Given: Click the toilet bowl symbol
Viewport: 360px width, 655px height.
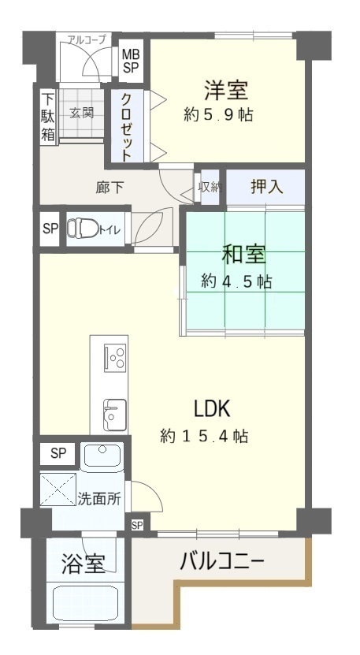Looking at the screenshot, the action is (x=83, y=228).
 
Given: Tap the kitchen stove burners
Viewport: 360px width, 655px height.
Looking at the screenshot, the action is (x=115, y=358).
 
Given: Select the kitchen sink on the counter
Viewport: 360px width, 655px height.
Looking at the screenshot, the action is (x=115, y=414).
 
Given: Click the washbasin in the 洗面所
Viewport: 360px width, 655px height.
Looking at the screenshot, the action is (x=102, y=456).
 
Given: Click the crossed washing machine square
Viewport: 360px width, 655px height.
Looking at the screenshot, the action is (x=58, y=489).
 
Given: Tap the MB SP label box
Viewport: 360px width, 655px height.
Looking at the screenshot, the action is (x=131, y=61).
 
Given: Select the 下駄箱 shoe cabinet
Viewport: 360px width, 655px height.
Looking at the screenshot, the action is (x=48, y=117).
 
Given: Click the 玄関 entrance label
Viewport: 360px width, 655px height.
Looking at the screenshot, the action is (x=81, y=113).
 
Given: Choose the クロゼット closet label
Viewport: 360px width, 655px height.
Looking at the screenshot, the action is (x=127, y=127).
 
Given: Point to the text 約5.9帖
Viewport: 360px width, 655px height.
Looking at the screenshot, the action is (x=218, y=115).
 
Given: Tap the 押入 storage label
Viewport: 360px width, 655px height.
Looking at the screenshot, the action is (x=267, y=187).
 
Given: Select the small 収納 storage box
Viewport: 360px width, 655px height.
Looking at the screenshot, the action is (x=210, y=188).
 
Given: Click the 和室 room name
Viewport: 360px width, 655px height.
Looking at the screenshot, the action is (x=243, y=255).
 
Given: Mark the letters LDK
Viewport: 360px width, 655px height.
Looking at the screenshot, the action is (x=212, y=408).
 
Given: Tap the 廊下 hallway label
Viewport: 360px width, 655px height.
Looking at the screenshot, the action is (x=109, y=188).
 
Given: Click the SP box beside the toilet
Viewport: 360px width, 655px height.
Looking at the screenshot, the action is (x=50, y=229).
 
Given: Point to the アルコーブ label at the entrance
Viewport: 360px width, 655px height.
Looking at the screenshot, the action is (x=87, y=39).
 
